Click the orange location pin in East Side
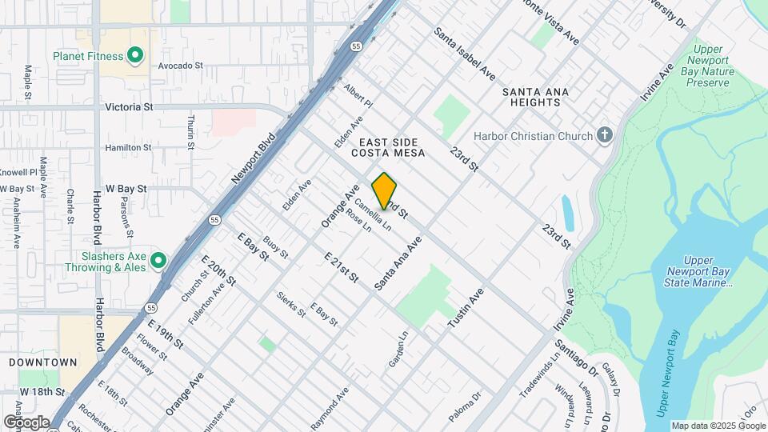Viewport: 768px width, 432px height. [384, 190]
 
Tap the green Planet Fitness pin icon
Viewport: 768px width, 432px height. [135, 55]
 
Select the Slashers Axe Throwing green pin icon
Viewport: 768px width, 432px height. [158, 260]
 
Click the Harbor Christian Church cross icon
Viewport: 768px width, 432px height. [605, 135]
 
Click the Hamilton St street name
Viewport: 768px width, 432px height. [128, 148]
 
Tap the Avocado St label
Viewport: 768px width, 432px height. [181, 66]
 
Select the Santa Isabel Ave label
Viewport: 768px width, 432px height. [465, 54]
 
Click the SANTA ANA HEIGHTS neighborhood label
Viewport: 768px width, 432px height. [535, 98]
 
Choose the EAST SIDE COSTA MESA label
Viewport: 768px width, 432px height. [389, 147]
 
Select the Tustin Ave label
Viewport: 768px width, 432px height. [466, 309]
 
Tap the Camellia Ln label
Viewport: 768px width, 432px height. [373, 215]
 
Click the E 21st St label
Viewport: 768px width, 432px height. [341, 270]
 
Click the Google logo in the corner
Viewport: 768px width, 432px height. [26, 422]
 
